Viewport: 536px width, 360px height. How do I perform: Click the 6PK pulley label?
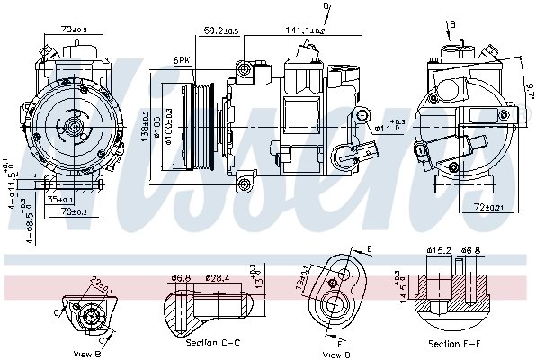[x=183, y=60]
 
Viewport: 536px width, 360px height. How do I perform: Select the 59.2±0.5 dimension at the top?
[x=220, y=31]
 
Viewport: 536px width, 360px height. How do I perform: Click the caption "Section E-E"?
[x=454, y=343]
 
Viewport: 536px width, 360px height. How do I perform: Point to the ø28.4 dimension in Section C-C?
[x=219, y=277]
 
